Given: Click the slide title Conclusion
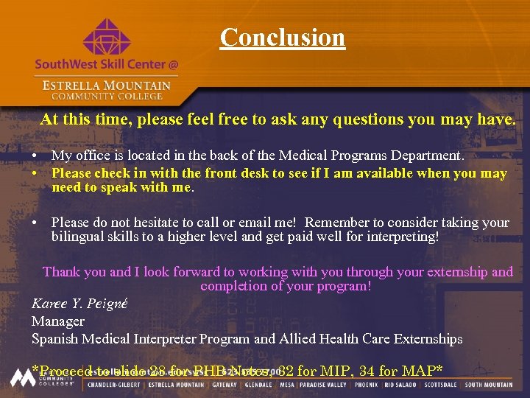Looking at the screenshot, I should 282,37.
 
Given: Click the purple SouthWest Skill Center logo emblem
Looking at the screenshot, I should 106,37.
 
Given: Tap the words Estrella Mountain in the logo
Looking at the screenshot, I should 106,85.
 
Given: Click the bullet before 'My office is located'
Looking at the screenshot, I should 35,156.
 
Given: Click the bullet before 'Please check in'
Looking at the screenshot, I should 35,174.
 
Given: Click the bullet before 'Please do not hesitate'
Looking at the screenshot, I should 35,223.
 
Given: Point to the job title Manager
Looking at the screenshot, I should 58,321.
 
